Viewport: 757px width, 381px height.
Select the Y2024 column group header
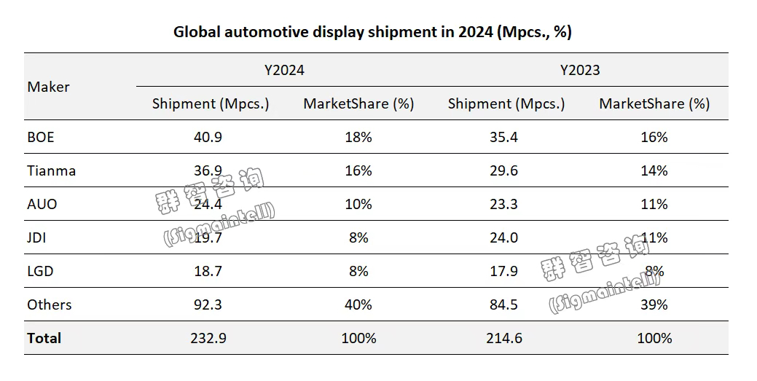(284, 70)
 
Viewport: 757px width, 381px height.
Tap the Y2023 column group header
(580, 70)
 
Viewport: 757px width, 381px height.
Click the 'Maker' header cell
(49, 87)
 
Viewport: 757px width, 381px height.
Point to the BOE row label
(41, 137)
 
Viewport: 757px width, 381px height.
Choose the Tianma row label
(52, 170)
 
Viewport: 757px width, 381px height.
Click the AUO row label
(42, 204)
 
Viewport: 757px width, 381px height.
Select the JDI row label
(37, 237)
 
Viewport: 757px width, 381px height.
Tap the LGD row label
(41, 271)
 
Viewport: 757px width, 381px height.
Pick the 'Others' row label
(50, 305)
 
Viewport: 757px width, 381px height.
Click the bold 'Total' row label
(44, 338)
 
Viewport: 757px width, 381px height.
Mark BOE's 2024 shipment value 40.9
(210, 137)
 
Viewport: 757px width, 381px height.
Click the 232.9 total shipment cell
(210, 338)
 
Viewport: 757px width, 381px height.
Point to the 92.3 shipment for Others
(210, 305)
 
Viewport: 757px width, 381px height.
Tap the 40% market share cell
(358, 305)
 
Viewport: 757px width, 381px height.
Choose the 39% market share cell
(654, 305)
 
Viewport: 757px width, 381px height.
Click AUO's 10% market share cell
(358, 204)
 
